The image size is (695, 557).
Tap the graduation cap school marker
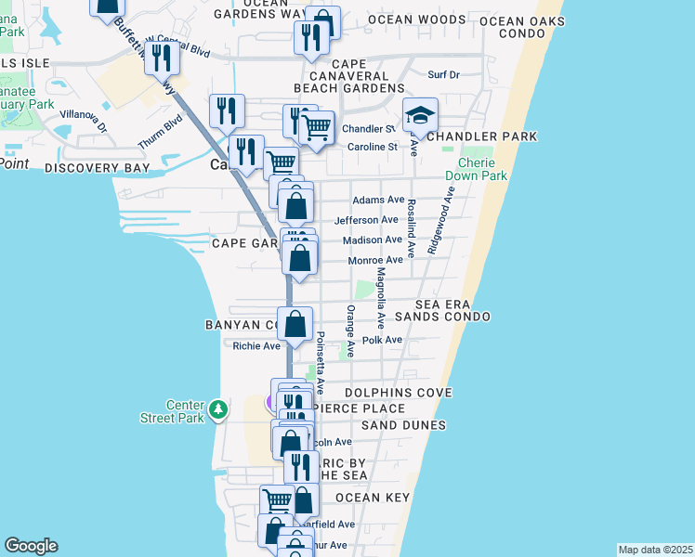click(420, 117)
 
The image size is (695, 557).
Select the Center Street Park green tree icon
click(217, 408)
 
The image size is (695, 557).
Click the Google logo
click(31, 546)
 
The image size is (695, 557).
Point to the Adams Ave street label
click(377, 200)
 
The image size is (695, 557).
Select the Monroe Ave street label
click(375, 260)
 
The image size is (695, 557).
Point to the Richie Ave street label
click(256, 346)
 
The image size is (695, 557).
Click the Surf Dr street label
click(443, 75)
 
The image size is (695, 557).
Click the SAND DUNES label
click(404, 425)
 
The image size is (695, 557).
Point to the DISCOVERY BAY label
click(97, 168)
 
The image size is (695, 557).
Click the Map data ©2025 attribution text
click(656, 550)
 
